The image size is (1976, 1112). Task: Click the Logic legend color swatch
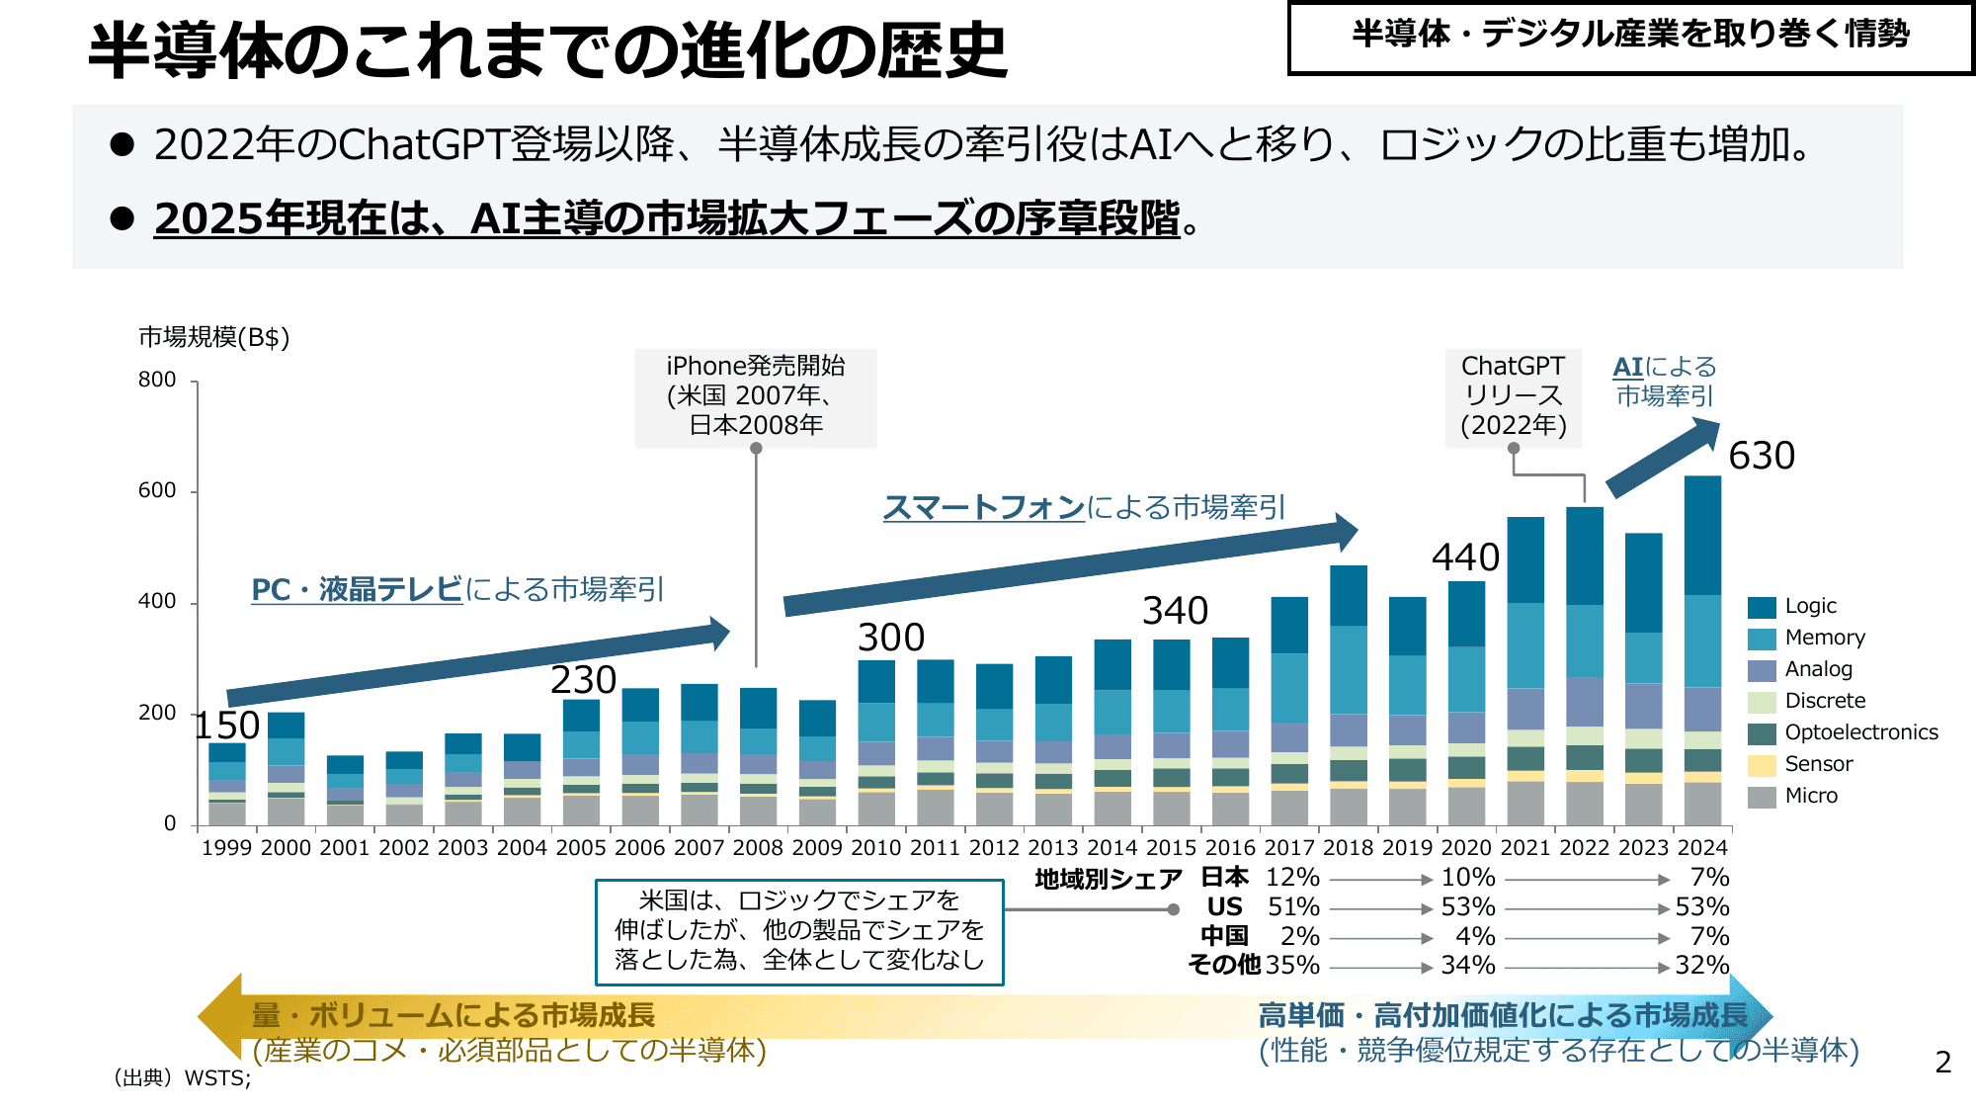click(x=1762, y=607)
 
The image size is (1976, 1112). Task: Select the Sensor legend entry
click(x=1818, y=764)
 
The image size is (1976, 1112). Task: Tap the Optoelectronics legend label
click(x=1860, y=732)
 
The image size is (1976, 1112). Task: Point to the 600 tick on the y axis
click(x=157, y=490)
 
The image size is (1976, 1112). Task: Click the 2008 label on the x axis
click(x=757, y=848)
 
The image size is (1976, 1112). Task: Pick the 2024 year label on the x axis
click(x=1702, y=848)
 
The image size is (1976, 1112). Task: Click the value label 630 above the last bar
click(x=1761, y=456)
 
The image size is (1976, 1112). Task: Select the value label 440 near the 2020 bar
click(x=1465, y=557)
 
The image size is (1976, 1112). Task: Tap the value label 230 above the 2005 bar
click(x=583, y=680)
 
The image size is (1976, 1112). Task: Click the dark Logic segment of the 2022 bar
click(x=1585, y=556)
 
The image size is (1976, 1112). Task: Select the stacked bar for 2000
click(x=287, y=769)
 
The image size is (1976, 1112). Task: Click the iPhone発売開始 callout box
click(x=756, y=396)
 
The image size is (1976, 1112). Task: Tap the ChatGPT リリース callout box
click(x=1513, y=396)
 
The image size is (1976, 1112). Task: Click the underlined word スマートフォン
click(x=983, y=507)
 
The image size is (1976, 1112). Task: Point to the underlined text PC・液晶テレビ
click(x=357, y=589)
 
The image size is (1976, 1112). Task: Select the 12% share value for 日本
click(x=1292, y=878)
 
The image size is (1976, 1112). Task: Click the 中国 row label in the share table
click(x=1224, y=936)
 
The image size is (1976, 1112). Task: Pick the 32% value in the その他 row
click(x=1701, y=966)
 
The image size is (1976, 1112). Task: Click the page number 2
click(x=1942, y=1063)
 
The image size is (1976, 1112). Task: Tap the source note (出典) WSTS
click(x=183, y=1078)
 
